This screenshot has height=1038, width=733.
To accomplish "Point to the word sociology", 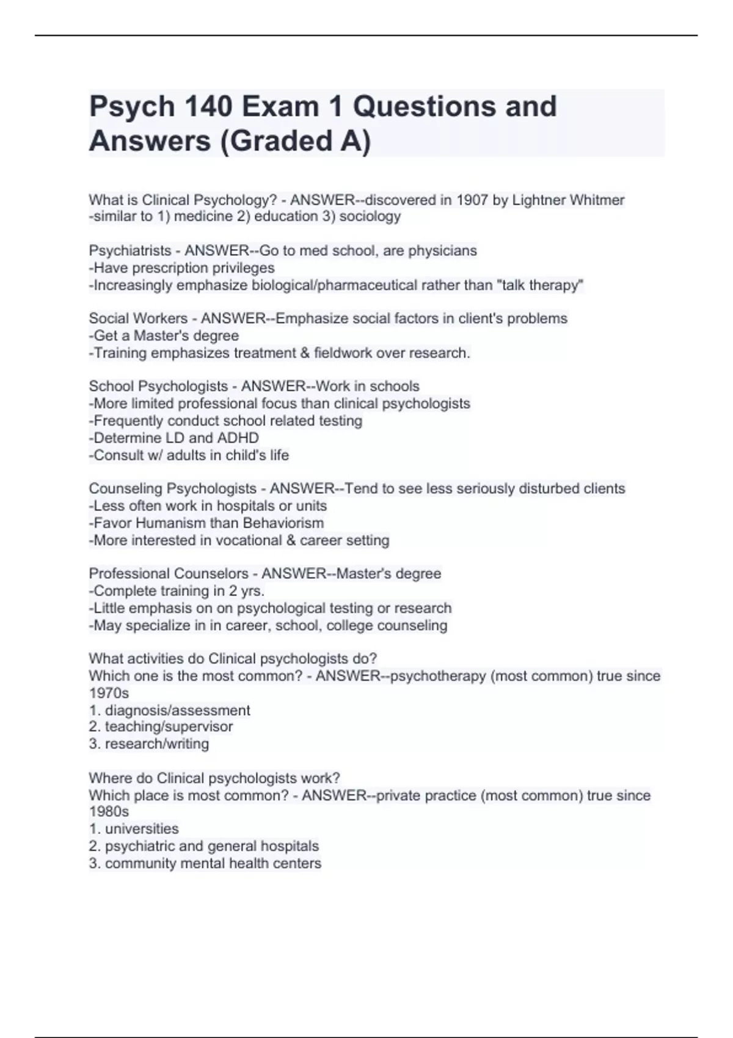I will [x=370, y=216].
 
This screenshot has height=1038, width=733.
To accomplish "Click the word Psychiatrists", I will [x=130, y=250].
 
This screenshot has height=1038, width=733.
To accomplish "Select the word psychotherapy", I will [x=438, y=676].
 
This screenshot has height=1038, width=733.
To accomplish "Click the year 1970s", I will [x=109, y=693].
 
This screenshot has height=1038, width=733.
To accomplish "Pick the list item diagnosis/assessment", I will [x=177, y=710].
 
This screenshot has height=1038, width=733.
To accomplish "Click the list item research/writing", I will [x=156, y=744].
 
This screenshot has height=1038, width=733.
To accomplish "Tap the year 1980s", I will [x=109, y=811].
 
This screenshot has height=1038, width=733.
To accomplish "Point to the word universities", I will [x=142, y=829].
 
